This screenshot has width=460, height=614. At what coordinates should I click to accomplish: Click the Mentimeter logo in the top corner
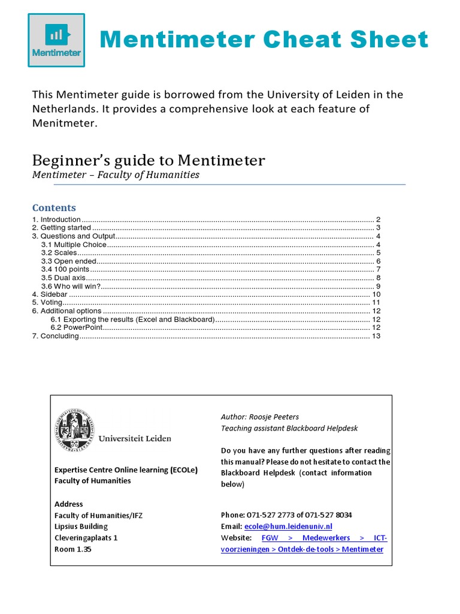coord(56,40)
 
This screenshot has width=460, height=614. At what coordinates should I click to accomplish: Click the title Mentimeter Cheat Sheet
coord(264,40)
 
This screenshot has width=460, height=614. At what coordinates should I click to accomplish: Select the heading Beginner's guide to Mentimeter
coord(148,160)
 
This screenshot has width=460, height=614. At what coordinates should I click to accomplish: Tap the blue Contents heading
coord(54,207)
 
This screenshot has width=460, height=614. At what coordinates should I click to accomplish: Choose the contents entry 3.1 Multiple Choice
coord(73,245)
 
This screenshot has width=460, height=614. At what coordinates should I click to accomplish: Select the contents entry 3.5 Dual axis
coord(63,278)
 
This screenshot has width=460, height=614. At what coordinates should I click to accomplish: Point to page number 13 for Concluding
coord(376,336)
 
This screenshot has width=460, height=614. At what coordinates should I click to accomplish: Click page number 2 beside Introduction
coord(378,220)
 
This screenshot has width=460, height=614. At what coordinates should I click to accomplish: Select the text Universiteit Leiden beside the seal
coord(135,438)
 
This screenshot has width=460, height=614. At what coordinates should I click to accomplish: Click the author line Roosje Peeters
coord(259,417)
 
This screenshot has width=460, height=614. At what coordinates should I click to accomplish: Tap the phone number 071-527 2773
coord(279,515)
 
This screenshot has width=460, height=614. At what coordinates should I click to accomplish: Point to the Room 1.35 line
coord(73,549)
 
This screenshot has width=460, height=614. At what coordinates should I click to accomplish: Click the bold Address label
coord(69,504)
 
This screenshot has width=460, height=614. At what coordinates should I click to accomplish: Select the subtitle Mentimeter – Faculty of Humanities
coord(116,175)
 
